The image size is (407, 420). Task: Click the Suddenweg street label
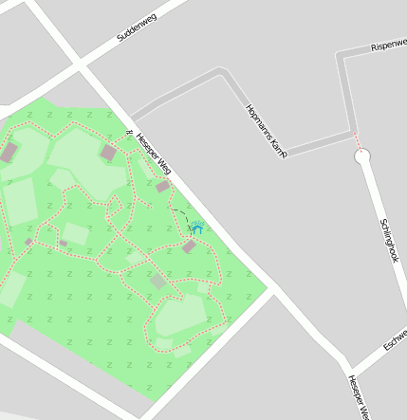pyautogui.click(x=136, y=24)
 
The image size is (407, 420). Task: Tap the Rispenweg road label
pyautogui.click(x=388, y=45)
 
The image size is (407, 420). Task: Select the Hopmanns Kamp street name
pyautogui.click(x=266, y=130)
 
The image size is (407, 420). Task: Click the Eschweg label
pyautogui.click(x=395, y=340)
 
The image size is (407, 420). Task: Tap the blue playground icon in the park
pyautogui.click(x=197, y=228)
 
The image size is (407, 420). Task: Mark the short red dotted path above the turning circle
pyautogui.click(x=359, y=141)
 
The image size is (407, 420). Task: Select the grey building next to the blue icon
pyautogui.click(x=189, y=247)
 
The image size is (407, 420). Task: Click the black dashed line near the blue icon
pyautogui.click(x=180, y=213)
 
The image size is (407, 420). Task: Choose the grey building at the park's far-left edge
pyautogui.click(x=9, y=152)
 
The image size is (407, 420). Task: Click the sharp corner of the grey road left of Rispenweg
pyautogui.click(x=341, y=55)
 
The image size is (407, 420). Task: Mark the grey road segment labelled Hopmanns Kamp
pyautogui.click(x=252, y=112)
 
